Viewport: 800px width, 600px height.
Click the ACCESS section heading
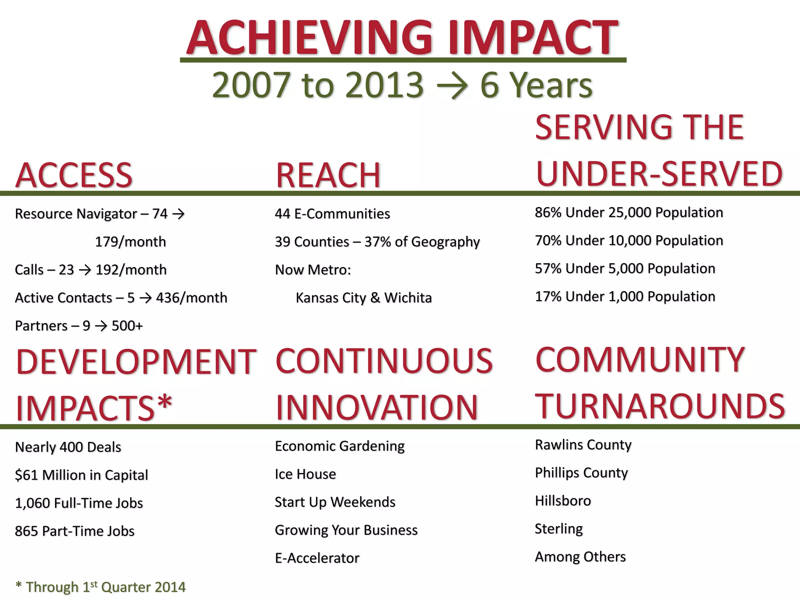(74, 175)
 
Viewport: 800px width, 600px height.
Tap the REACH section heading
(328, 175)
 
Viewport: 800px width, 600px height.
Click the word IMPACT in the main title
(533, 37)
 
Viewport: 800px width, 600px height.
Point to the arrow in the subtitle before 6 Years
(452, 86)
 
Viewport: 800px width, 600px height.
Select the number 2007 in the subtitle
(250, 85)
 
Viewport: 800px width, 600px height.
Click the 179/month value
(130, 242)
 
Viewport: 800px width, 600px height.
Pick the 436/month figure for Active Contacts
(191, 298)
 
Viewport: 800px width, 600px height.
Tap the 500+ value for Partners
(127, 326)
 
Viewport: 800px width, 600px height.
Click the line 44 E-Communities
(332, 214)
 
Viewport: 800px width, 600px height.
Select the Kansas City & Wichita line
(364, 298)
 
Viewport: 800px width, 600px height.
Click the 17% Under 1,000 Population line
(625, 296)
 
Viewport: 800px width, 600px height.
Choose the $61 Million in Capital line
(81, 475)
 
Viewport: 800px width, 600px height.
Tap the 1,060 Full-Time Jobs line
(79, 503)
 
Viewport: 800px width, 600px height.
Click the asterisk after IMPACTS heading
(164, 402)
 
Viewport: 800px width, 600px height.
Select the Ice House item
(305, 474)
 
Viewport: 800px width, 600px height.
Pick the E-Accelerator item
(317, 558)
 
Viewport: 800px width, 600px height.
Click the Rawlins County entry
(583, 445)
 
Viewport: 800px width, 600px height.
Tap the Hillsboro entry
(562, 501)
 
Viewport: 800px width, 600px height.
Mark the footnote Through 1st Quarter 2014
(100, 587)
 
